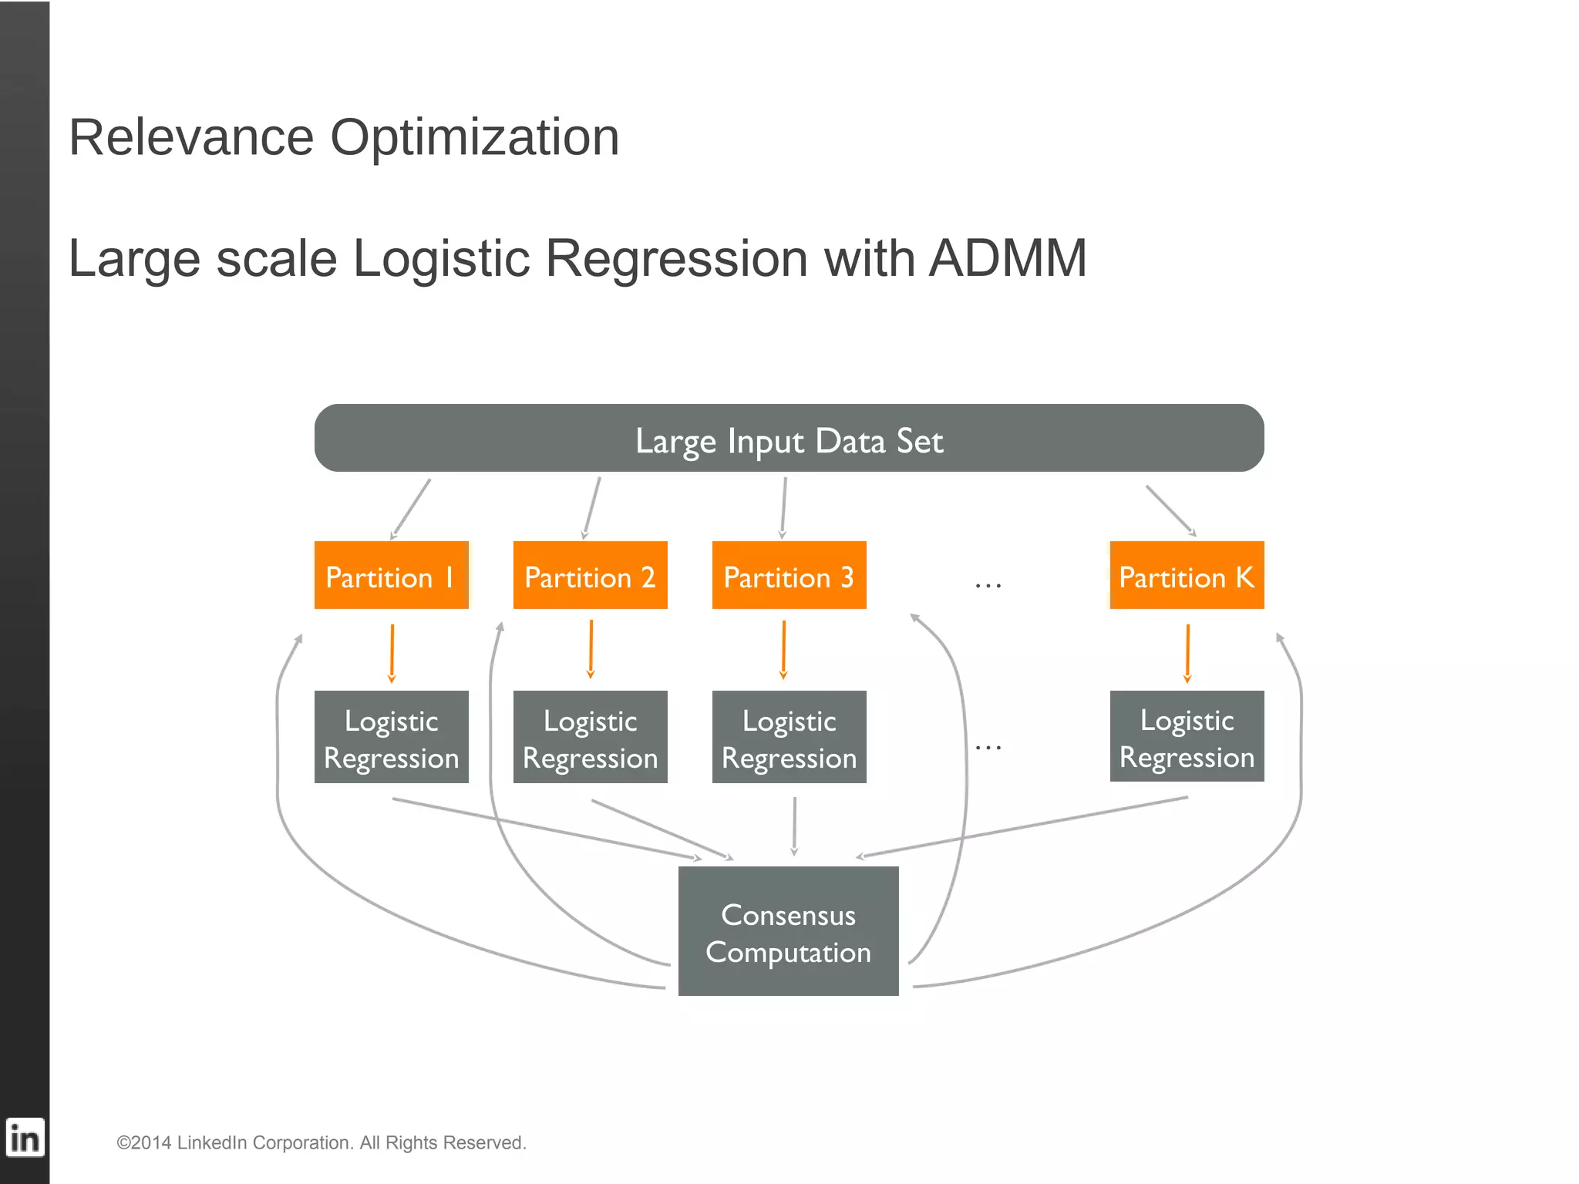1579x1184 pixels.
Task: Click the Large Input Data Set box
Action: (789, 438)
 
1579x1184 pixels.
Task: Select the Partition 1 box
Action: (391, 575)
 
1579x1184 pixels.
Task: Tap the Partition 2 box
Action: (590, 575)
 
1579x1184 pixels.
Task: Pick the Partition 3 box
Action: (789, 575)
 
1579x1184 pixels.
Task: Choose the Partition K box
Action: (1187, 575)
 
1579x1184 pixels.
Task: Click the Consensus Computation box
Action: (788, 931)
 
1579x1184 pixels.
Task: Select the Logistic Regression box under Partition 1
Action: (391, 737)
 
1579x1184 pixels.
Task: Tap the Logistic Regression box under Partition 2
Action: (590, 737)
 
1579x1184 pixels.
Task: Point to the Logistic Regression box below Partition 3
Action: (789, 737)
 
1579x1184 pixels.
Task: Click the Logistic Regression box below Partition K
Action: (1187, 736)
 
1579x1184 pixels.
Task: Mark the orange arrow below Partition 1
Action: (392, 653)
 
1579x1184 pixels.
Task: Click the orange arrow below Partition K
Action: (1187, 653)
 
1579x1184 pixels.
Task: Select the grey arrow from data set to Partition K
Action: (1170, 510)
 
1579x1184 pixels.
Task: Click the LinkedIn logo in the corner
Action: (25, 1138)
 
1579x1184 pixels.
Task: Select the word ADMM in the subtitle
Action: (1008, 258)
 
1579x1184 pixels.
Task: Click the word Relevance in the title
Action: (191, 138)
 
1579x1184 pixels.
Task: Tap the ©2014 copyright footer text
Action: (321, 1142)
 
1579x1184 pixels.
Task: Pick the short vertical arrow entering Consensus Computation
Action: (794, 826)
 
